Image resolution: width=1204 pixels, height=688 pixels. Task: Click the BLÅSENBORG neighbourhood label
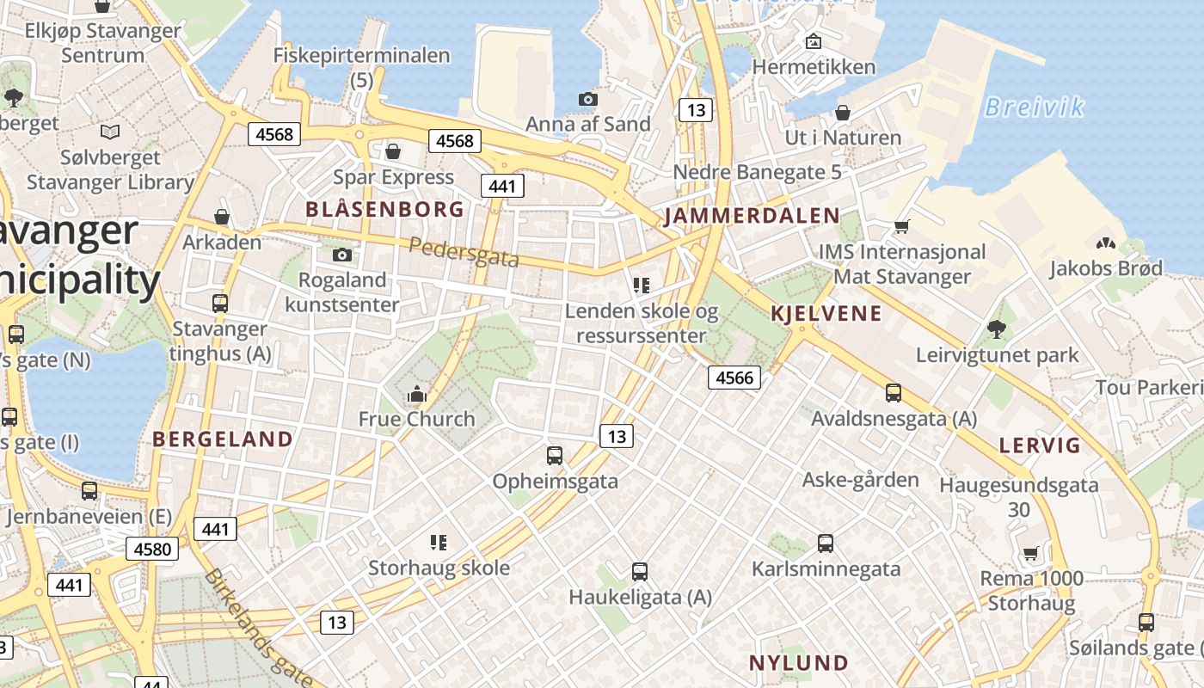click(x=384, y=209)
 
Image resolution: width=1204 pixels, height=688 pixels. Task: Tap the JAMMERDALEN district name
click(x=752, y=216)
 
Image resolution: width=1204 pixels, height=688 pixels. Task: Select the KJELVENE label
click(x=826, y=313)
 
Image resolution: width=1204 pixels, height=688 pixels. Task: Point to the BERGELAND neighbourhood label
click(x=223, y=439)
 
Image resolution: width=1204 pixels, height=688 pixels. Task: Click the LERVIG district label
click(x=1039, y=445)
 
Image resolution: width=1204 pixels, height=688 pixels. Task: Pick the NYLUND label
click(x=799, y=663)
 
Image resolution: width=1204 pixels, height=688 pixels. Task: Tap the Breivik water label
click(x=1033, y=107)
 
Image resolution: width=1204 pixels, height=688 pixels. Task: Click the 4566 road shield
click(x=734, y=378)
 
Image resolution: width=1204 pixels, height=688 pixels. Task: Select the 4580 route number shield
click(x=152, y=549)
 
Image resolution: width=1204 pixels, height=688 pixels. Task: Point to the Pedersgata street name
click(x=464, y=252)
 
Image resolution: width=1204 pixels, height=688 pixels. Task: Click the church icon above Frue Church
click(x=417, y=395)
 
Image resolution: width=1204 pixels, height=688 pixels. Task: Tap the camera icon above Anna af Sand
click(x=587, y=100)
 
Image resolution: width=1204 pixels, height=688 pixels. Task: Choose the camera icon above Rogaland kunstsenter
click(x=342, y=255)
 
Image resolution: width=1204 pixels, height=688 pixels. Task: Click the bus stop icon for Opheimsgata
click(x=555, y=456)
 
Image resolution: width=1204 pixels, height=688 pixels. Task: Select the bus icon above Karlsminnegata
click(x=826, y=544)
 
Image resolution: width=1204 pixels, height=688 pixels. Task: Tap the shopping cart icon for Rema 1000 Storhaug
click(x=1031, y=553)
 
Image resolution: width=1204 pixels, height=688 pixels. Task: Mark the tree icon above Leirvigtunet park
click(x=997, y=329)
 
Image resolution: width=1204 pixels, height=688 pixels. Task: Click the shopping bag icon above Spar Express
click(x=393, y=152)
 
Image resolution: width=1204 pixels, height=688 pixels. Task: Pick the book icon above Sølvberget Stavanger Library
click(x=110, y=132)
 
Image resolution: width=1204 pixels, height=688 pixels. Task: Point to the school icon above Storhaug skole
click(x=439, y=542)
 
